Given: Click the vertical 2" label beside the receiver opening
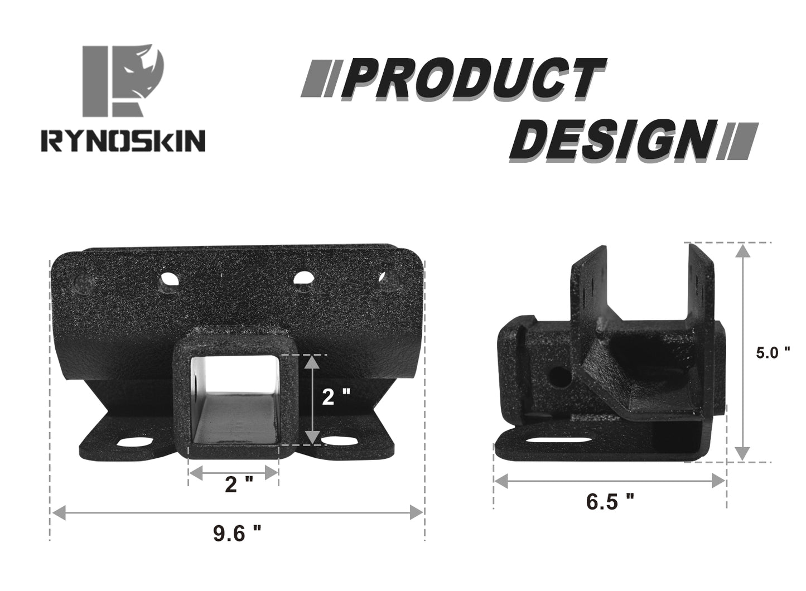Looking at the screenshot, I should coord(337,398).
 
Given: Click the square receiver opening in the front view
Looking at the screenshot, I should coord(234,399).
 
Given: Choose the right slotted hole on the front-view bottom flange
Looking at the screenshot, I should coord(339,441).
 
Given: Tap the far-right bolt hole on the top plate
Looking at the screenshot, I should coord(388,280).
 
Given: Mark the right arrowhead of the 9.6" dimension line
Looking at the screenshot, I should coord(417,511).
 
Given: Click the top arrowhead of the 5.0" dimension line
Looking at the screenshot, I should coord(742,251).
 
